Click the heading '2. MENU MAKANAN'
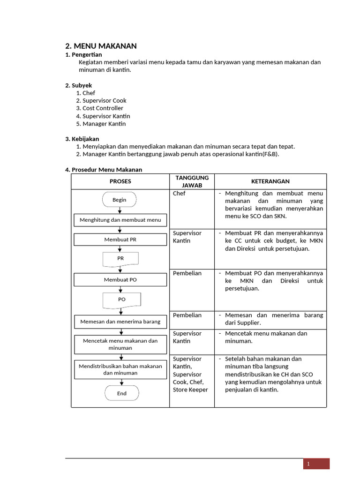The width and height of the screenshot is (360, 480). (x=101, y=46)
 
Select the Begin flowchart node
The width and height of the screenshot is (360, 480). (x=120, y=200)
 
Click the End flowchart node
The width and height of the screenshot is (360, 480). (x=122, y=393)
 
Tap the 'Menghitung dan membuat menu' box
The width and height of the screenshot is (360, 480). (x=120, y=220)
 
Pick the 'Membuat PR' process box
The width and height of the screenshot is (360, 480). (x=120, y=240)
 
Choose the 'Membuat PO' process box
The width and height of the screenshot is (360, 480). (x=120, y=280)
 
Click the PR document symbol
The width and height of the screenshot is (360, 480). (x=120, y=259)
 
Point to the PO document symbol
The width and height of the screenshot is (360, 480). (x=121, y=300)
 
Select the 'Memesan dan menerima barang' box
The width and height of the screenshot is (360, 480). (x=120, y=322)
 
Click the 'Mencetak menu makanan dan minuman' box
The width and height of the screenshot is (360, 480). (x=120, y=345)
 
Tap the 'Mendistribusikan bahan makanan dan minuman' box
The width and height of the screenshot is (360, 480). (x=120, y=369)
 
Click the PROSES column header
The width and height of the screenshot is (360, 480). (x=120, y=181)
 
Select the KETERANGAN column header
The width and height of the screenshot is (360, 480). (x=270, y=181)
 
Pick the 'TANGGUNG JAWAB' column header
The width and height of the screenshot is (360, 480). (x=192, y=181)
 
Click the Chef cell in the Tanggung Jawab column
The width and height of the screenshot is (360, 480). (x=179, y=193)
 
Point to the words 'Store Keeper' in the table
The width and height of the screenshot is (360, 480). (x=190, y=390)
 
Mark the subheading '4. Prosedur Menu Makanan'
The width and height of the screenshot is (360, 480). (x=103, y=170)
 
